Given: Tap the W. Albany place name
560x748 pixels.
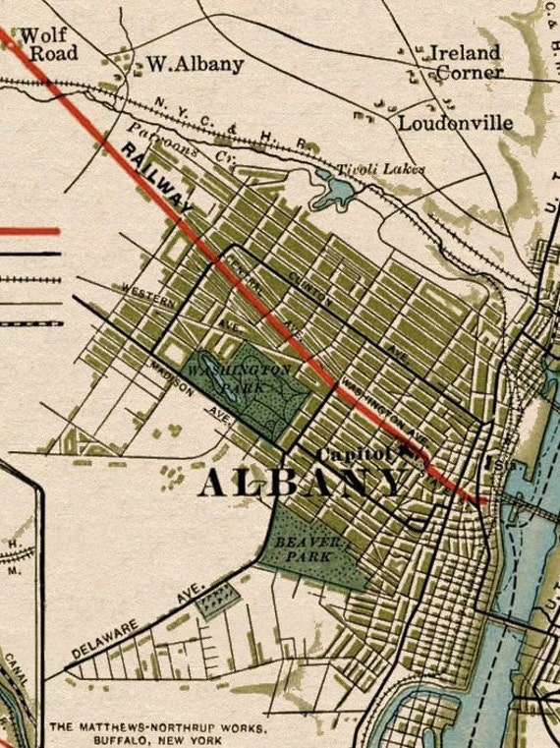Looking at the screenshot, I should tap(195, 65).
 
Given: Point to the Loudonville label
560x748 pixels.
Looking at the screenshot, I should tap(455, 123).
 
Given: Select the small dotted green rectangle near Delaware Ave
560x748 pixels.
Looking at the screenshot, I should tap(215, 598).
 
